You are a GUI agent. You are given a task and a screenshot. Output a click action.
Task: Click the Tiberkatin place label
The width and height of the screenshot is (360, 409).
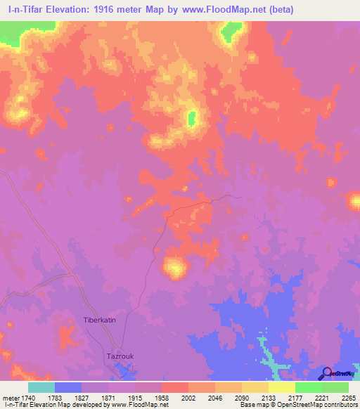click(99, 319)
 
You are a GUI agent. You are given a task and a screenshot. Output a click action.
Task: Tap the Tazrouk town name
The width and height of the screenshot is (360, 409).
click(120, 356)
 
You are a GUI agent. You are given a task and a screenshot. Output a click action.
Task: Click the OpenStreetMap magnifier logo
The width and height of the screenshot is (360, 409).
click(327, 373)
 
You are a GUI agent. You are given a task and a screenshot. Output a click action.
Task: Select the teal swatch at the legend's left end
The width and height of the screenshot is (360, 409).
click(41, 387)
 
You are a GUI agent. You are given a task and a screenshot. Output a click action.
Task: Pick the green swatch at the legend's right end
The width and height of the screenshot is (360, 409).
click(335, 387)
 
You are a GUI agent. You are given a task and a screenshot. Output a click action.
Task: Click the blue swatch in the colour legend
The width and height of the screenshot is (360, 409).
click(67, 387)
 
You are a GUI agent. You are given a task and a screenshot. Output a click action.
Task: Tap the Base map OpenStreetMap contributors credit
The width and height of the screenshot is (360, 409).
click(297, 405)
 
